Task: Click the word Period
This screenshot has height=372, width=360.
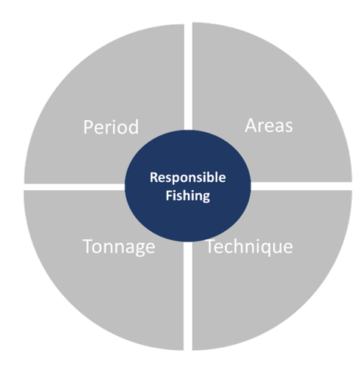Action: tap(111, 127)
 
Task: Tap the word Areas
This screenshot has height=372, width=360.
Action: tap(269, 125)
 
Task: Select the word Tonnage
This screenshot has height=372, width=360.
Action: tap(118, 247)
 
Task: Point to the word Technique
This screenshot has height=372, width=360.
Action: tap(250, 247)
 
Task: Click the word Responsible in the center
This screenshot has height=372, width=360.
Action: tap(188, 178)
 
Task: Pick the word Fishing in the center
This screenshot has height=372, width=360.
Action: tap(188, 195)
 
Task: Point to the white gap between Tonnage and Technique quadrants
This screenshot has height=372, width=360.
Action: tap(188, 296)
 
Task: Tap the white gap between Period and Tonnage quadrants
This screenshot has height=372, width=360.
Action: tap(75, 187)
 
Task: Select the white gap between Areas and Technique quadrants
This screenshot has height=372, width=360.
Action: tap(301, 186)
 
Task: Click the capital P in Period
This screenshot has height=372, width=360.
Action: tap(88, 127)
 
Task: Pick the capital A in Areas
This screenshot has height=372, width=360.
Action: tap(251, 125)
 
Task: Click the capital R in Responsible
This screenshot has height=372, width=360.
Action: tap(154, 177)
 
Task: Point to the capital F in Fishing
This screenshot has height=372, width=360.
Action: tap(169, 195)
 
